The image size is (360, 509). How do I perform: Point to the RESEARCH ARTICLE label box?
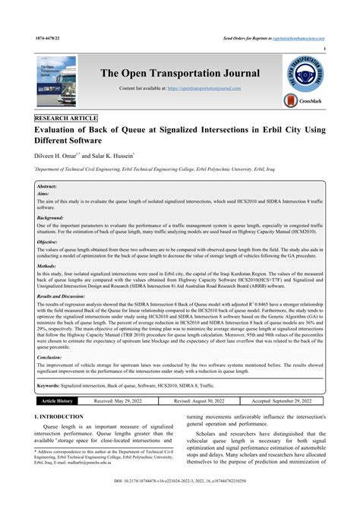pyautogui.click(x=67, y=120)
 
